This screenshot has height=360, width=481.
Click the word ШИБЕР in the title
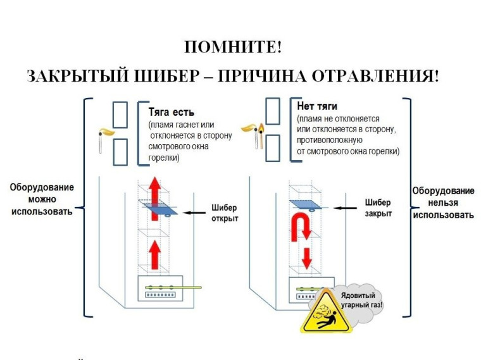point(168,77)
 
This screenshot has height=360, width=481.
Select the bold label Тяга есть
point(171,112)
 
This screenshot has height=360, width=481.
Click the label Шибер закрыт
point(378,208)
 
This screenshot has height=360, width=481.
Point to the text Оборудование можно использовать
point(41,199)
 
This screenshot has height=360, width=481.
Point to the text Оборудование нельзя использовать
point(443,202)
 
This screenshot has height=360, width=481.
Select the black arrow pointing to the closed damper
point(344,207)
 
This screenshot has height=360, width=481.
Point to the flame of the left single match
point(108,133)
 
